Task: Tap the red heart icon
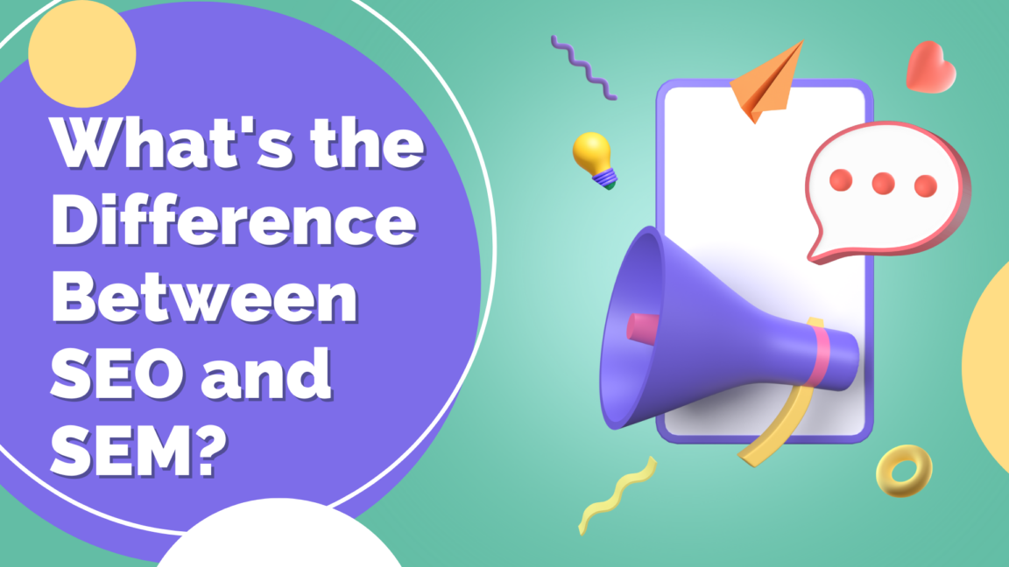(930, 66)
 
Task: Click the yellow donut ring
(903, 472)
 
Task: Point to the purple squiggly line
(583, 66)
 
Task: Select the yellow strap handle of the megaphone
(774, 430)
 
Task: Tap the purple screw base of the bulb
(603, 179)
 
